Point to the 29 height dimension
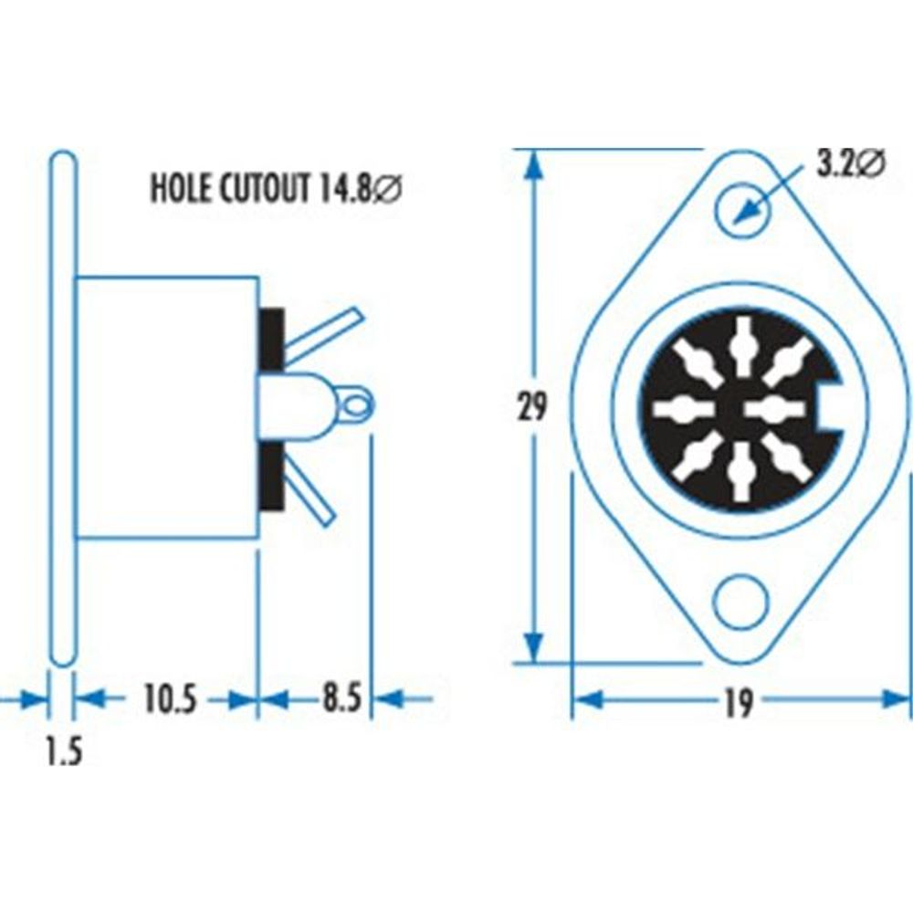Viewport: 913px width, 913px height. tap(533, 407)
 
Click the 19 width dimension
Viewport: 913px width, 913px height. tap(740, 702)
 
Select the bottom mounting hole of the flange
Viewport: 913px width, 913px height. tap(741, 603)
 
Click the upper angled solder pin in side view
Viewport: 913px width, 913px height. tap(324, 331)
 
